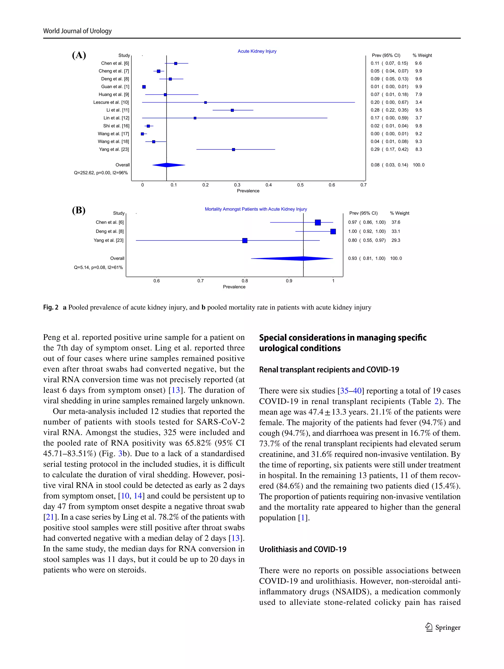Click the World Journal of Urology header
click(77, 31)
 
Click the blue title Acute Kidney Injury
click(257, 51)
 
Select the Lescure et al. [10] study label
click(111, 102)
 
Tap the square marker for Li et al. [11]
click(232, 110)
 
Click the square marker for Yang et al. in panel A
click(233, 149)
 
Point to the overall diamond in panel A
click(168, 165)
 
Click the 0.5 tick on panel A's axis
click(300, 185)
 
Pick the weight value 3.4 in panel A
click(418, 102)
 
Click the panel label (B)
click(79, 210)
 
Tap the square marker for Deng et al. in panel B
click(333, 231)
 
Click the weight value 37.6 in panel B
click(396, 222)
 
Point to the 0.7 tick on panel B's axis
click(200, 281)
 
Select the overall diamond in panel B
click(292, 258)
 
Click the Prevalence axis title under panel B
click(234, 287)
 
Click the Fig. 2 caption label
click(50, 307)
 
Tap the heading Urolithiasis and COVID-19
click(303, 549)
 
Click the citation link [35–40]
click(350, 391)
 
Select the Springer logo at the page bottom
click(442, 627)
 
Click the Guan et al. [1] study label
click(115, 87)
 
